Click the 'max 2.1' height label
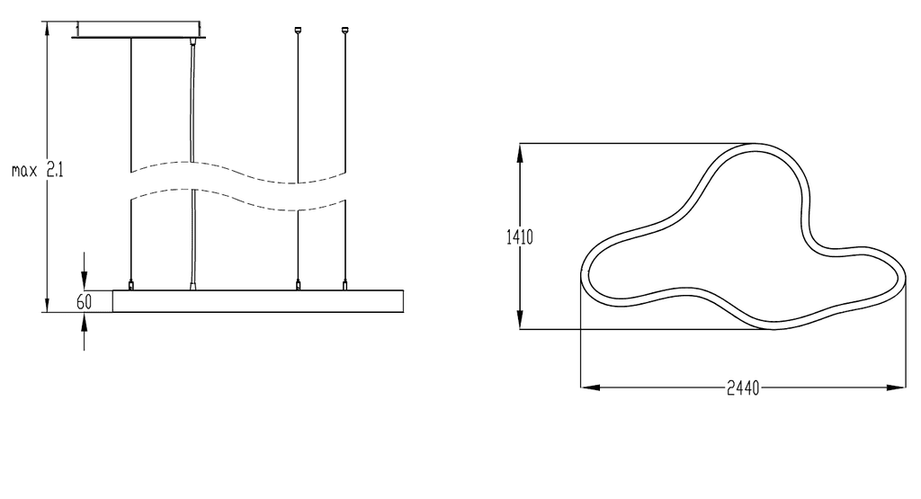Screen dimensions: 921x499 point(37,171)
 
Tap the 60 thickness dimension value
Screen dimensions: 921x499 point(84,302)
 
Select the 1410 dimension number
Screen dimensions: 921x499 point(519,237)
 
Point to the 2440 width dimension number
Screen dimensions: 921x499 point(743,388)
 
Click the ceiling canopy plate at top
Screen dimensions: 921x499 point(139,30)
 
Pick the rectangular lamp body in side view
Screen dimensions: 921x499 point(258,301)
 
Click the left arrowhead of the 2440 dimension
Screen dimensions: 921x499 point(590,388)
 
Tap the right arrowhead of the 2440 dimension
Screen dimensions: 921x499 point(895,388)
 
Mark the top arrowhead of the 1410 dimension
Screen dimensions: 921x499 point(520,153)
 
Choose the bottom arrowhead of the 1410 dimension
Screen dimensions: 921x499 point(520,319)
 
